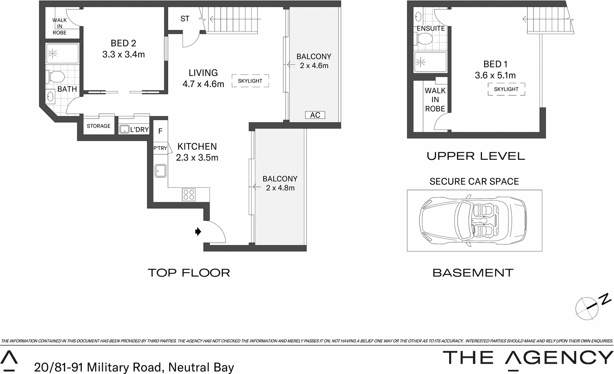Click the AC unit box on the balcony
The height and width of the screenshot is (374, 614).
(315, 115)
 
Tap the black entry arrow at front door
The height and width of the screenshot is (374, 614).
(198, 231)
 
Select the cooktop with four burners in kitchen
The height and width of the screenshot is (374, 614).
(189, 194)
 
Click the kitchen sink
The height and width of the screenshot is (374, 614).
(160, 170)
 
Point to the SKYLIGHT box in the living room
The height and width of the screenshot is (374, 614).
(250, 81)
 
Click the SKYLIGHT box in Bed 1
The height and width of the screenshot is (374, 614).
(506, 89)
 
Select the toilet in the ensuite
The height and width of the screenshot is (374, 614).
(424, 39)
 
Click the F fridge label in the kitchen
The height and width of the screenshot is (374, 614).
(160, 131)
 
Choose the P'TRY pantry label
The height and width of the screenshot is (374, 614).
(160, 148)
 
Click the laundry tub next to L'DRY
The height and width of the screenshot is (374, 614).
(124, 130)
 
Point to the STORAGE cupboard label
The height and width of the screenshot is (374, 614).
(99, 126)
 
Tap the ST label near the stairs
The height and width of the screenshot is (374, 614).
(185, 18)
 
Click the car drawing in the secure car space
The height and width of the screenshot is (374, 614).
(474, 221)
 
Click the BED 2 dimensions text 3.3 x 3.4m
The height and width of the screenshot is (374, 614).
(124, 55)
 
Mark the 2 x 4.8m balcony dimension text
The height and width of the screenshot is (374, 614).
(280, 188)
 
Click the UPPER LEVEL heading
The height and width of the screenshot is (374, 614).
(476, 156)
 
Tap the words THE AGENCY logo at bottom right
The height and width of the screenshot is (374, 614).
(528, 357)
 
